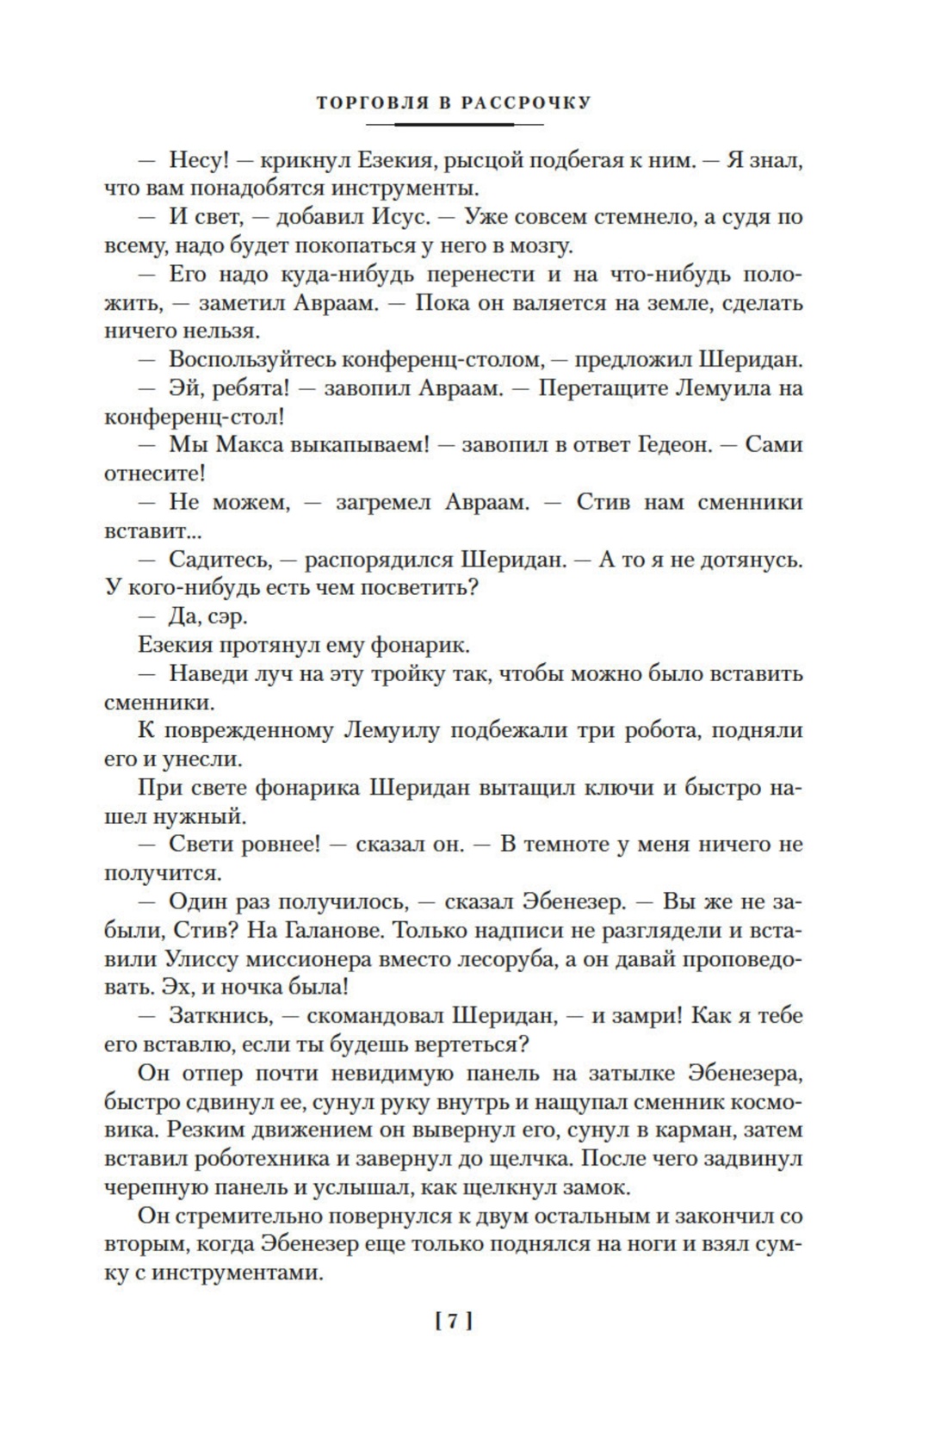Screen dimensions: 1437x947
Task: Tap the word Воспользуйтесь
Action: pyautogui.click(x=253, y=359)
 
